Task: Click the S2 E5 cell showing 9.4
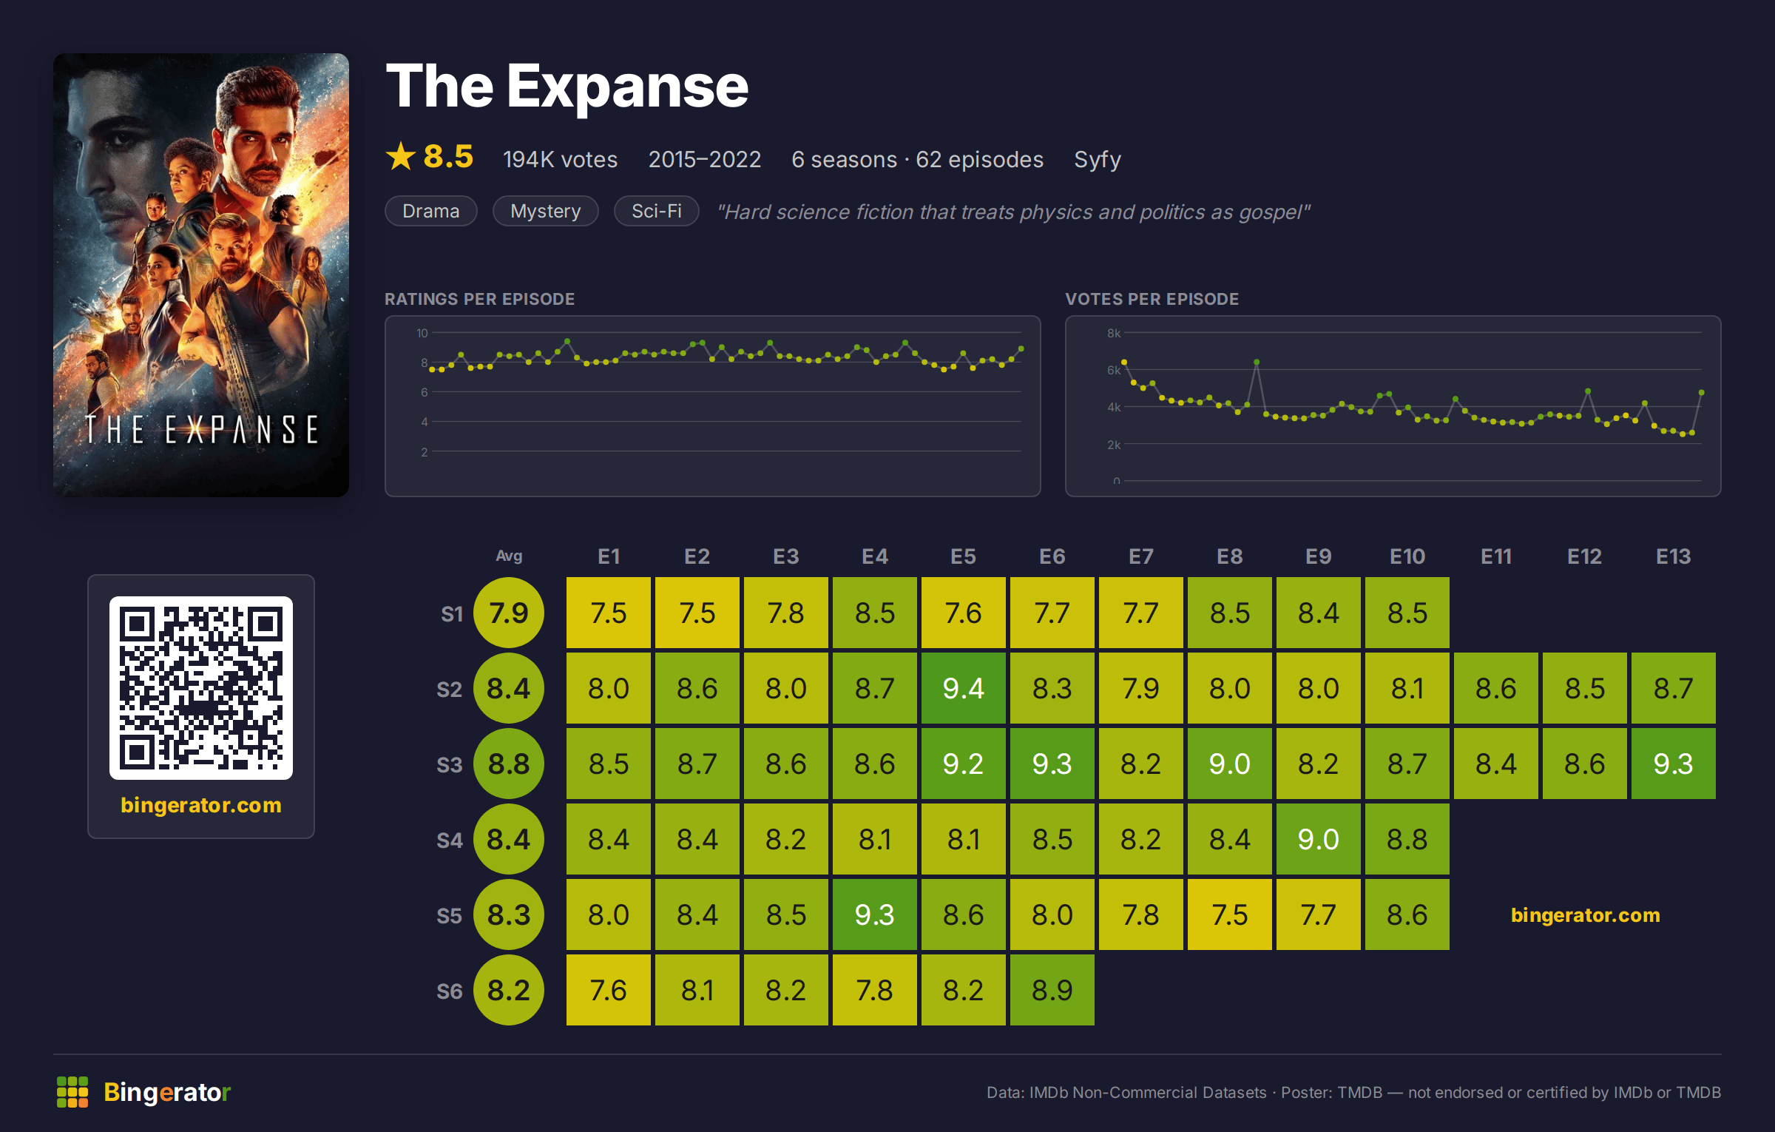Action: coord(963,688)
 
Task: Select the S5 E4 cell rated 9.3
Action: coord(874,914)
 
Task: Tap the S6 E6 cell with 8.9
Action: coord(1052,990)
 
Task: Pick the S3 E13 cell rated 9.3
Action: coord(1673,764)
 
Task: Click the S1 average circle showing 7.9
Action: coord(509,613)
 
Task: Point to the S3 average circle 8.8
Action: coord(509,764)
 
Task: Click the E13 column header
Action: coord(1673,556)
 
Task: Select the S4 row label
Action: coord(449,840)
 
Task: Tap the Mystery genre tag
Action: coord(546,211)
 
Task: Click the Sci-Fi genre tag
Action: coord(657,211)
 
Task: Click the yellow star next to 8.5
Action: coord(401,156)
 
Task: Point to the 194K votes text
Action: coord(560,159)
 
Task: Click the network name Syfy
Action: coord(1098,160)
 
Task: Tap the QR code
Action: coord(201,688)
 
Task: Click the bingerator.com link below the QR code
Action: coord(201,805)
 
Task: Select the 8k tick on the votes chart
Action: coord(1114,333)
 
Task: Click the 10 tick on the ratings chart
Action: coord(422,333)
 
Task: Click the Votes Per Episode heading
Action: coord(1152,299)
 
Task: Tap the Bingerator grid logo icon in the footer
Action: coord(72,1092)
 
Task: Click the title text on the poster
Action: coord(201,429)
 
